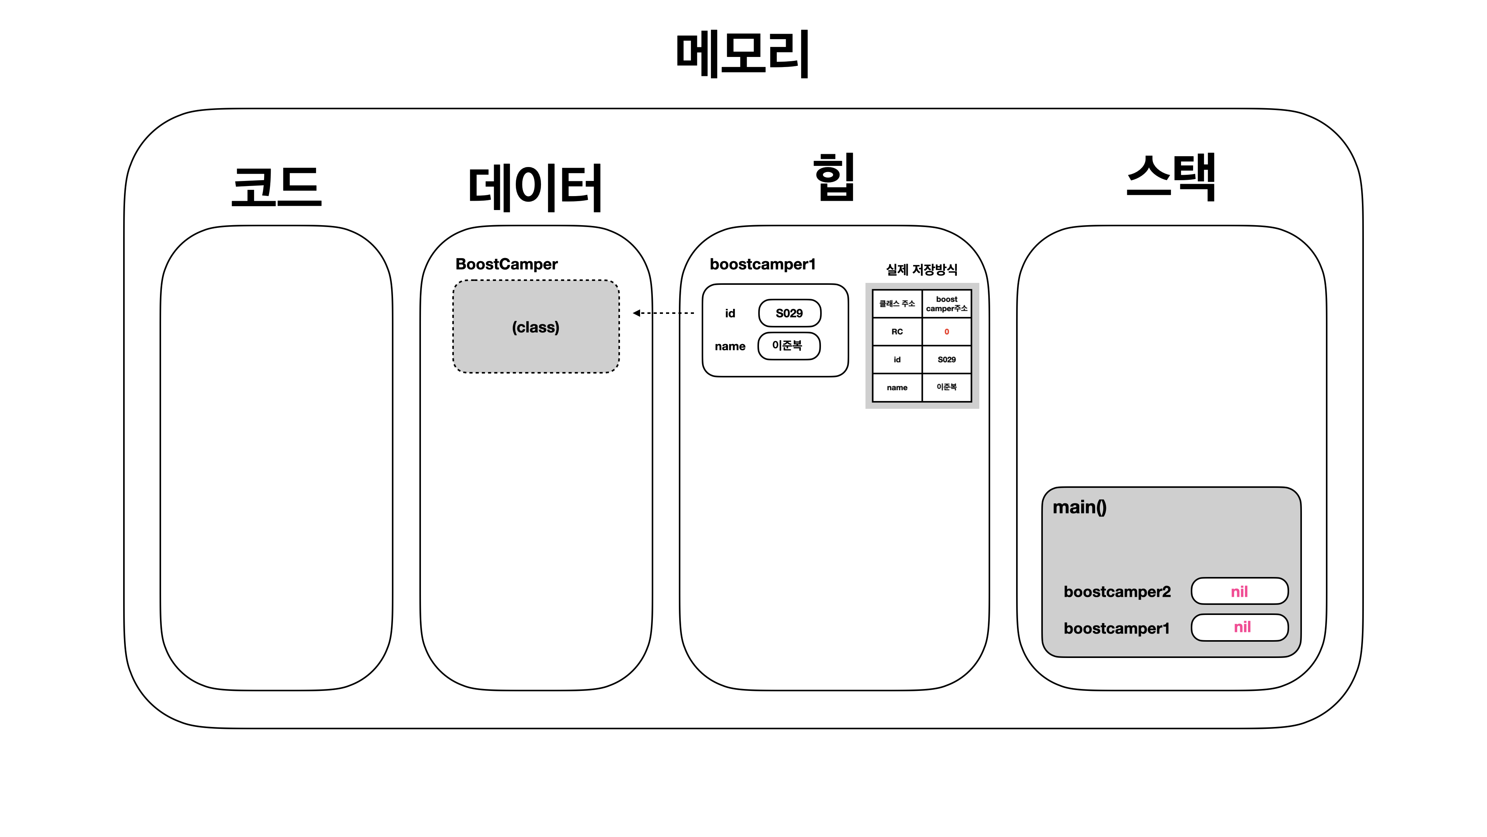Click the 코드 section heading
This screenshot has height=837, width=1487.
pyautogui.click(x=276, y=186)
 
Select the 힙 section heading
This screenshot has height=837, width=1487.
pyautogui.click(x=834, y=177)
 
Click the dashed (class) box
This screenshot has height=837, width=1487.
pyautogui.click(x=536, y=327)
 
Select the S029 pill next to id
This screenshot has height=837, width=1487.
pyautogui.click(x=789, y=313)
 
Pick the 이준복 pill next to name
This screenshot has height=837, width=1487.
pyautogui.click(x=788, y=345)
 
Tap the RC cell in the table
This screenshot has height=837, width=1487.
pyautogui.click(x=897, y=332)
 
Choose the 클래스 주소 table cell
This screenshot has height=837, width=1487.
pyautogui.click(x=897, y=304)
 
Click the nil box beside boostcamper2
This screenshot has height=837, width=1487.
pyautogui.click(x=1239, y=591)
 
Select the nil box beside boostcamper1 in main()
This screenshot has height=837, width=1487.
pyautogui.click(x=1239, y=627)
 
